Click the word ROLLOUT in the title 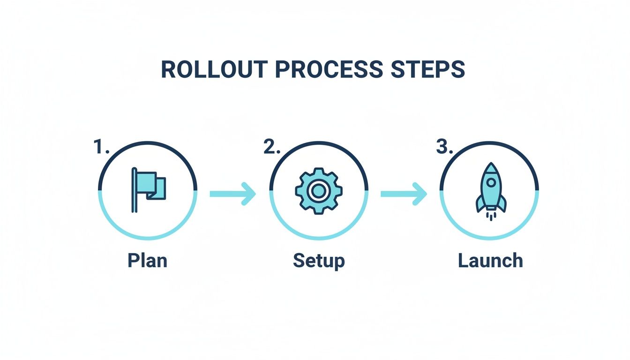pos(214,69)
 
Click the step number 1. pos(101,147)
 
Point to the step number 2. pos(272,147)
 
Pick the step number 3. pos(444,147)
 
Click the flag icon pos(149,190)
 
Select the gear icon pos(319,191)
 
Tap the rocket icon pos(491,191)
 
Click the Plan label pos(147,261)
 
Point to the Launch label pos(490,261)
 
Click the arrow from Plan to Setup pos(233,194)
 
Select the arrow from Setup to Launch pos(404,194)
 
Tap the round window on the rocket pos(491,182)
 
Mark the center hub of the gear pos(319,191)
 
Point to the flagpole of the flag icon pos(135,190)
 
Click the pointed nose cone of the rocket pos(491,168)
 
